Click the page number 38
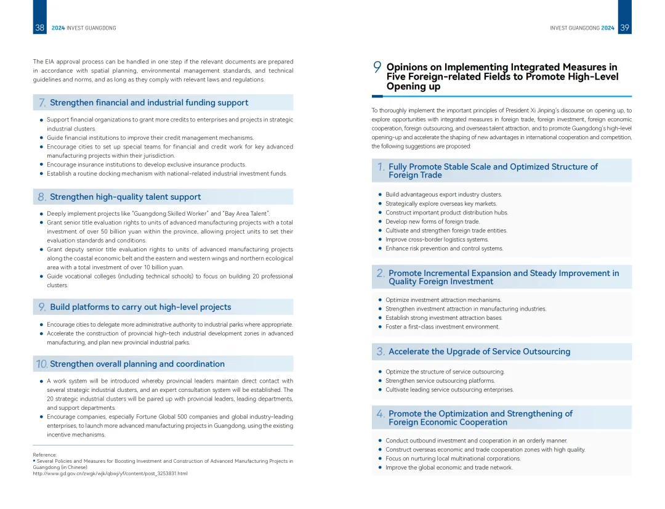point(39,28)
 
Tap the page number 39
point(624,28)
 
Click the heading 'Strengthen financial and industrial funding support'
point(149,103)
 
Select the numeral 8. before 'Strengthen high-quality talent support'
point(42,197)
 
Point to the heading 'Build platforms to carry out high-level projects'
point(140,307)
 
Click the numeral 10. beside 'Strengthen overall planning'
point(42,364)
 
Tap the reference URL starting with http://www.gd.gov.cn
point(110,473)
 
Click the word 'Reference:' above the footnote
point(45,455)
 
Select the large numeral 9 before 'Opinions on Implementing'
point(377,67)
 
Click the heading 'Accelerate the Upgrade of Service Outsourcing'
point(479,352)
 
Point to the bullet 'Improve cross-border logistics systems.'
point(437,240)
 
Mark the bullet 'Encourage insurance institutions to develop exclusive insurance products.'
point(146,165)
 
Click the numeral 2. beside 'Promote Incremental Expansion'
point(381,273)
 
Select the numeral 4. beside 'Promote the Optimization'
point(381,414)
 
